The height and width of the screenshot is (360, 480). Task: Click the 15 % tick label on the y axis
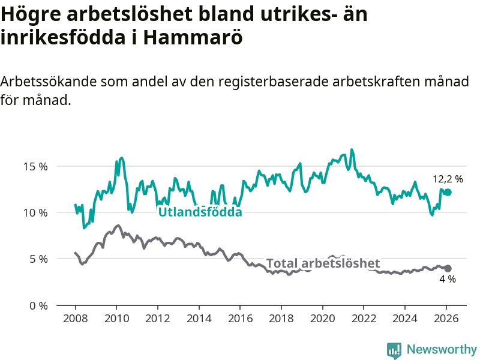35,166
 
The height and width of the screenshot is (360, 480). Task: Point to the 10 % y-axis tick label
35,212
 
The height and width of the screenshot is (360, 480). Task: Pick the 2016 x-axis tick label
240,318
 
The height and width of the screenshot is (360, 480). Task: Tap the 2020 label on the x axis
322,318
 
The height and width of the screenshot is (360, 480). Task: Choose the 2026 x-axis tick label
446,318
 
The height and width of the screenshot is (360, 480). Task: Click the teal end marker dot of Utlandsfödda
448,192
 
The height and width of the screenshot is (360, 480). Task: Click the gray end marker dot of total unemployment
448,268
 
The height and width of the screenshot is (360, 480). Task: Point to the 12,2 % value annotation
448,179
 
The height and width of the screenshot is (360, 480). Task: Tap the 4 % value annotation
448,279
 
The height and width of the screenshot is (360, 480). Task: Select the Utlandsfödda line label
200,212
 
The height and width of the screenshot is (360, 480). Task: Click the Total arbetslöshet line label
323,263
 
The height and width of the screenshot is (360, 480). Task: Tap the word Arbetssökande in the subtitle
49,82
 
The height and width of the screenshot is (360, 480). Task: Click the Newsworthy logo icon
394,350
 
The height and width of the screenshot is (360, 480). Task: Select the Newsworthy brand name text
442,349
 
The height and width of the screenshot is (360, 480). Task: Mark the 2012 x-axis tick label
157,318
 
